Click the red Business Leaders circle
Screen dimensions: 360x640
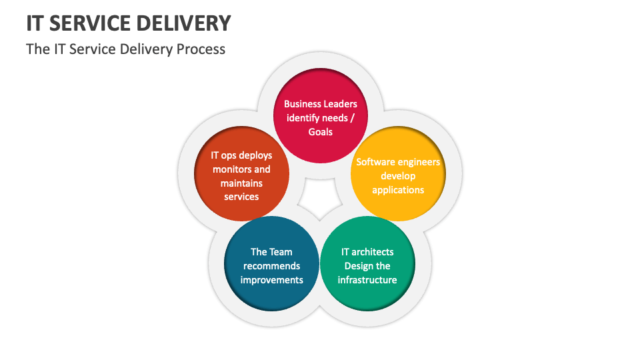pos(320,117)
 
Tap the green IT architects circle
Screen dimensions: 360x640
pos(367,264)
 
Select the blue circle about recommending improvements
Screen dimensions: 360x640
pos(271,264)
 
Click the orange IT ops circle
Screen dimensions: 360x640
pos(241,175)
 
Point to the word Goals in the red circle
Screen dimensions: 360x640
pos(320,132)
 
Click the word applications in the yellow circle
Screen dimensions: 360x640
pos(398,190)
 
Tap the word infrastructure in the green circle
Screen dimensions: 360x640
pos(367,280)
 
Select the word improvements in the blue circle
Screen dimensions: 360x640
pos(271,280)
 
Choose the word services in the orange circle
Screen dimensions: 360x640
pos(241,197)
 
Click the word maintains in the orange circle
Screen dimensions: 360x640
pos(241,183)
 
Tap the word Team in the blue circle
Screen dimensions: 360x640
pos(281,252)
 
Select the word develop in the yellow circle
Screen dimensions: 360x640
pos(398,176)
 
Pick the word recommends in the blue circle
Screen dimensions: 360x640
pos(271,266)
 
